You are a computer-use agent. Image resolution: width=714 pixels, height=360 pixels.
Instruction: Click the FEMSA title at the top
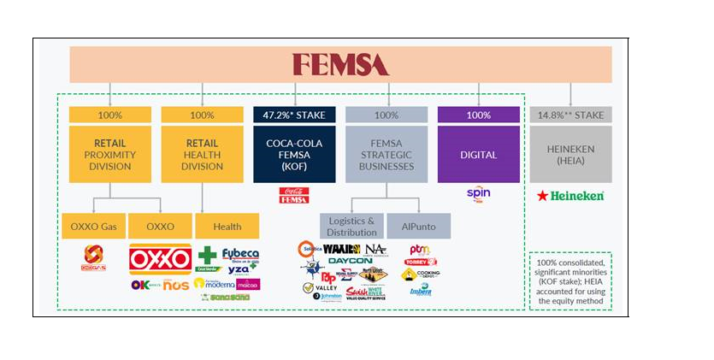[x=340, y=64]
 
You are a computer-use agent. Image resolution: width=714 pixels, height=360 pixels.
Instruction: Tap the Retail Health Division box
[x=202, y=154]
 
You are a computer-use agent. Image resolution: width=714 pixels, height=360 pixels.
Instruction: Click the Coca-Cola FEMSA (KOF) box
[x=294, y=154]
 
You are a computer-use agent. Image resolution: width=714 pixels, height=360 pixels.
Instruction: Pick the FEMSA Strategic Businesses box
[x=387, y=154]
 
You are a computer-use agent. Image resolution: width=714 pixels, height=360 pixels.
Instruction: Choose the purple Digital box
[x=478, y=154]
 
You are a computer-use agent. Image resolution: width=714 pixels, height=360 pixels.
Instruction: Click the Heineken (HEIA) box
[x=570, y=154]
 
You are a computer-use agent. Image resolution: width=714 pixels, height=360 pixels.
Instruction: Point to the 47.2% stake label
[x=294, y=115]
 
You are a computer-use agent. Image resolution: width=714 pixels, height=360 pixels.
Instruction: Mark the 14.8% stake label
[x=570, y=115]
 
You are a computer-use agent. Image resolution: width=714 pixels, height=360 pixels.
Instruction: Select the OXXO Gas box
[x=93, y=227]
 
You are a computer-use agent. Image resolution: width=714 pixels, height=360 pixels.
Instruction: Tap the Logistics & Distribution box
[x=351, y=227]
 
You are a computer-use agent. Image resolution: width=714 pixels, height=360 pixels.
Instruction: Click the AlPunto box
[x=418, y=227]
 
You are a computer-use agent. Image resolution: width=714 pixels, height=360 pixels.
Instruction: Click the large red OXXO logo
[x=160, y=259]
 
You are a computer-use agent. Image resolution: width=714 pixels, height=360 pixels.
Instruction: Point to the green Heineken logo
[x=569, y=196]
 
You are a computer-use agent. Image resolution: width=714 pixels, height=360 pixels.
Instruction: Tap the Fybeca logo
[x=240, y=255]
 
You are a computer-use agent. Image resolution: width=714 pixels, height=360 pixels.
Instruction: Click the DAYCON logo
[x=350, y=260]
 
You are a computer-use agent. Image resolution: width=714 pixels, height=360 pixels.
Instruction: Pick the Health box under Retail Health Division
[x=227, y=227]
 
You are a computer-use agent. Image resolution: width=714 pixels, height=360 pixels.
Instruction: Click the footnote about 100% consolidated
[x=570, y=280]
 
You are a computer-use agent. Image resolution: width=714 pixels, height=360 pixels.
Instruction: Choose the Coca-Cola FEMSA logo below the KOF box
[x=294, y=195]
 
